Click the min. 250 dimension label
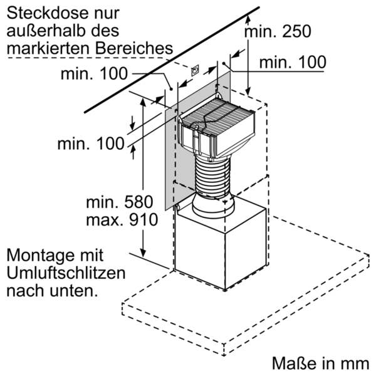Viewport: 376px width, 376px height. click(277, 31)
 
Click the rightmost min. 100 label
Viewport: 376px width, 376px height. click(293, 61)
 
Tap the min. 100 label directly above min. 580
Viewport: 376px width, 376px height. click(91, 144)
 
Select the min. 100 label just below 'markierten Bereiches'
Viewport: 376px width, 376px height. click(94, 74)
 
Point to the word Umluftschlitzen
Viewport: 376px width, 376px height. click(65, 274)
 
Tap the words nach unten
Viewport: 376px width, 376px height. click(52, 291)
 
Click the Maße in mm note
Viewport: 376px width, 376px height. click(319, 363)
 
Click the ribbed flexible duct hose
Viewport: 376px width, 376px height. click(214, 179)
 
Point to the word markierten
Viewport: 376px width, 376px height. click(41, 47)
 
